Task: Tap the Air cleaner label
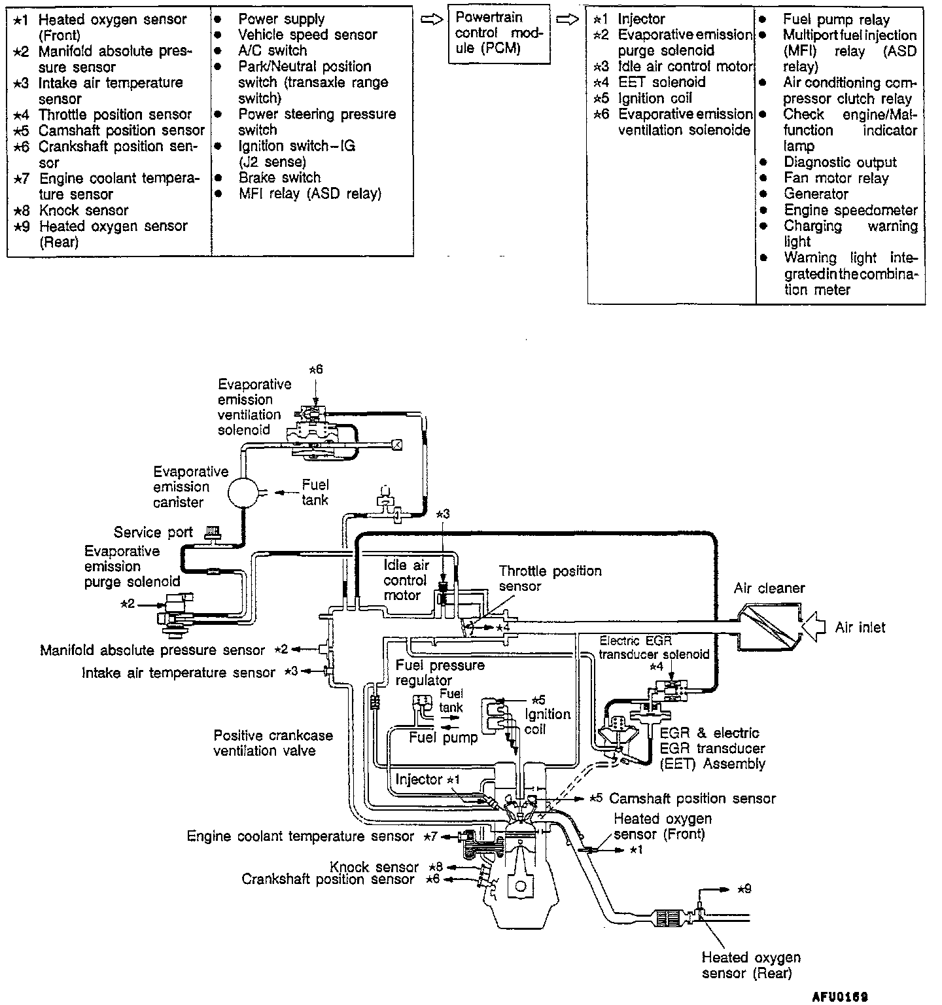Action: (x=769, y=588)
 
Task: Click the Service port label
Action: (x=153, y=533)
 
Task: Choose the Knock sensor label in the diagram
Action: (x=374, y=867)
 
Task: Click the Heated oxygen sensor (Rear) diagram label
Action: (x=751, y=965)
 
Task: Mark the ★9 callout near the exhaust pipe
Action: (x=744, y=889)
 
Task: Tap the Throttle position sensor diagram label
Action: (x=550, y=578)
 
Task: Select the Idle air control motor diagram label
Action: (x=405, y=580)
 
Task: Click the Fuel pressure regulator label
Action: (x=440, y=673)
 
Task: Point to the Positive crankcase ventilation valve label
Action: (x=273, y=743)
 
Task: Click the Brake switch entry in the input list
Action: (x=279, y=178)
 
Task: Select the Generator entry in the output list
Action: (x=816, y=194)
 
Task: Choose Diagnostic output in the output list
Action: (x=840, y=162)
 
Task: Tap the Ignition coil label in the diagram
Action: (x=548, y=721)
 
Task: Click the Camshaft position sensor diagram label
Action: (x=692, y=799)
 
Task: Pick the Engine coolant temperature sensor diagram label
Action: (x=300, y=836)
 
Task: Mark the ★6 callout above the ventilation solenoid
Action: (x=315, y=370)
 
